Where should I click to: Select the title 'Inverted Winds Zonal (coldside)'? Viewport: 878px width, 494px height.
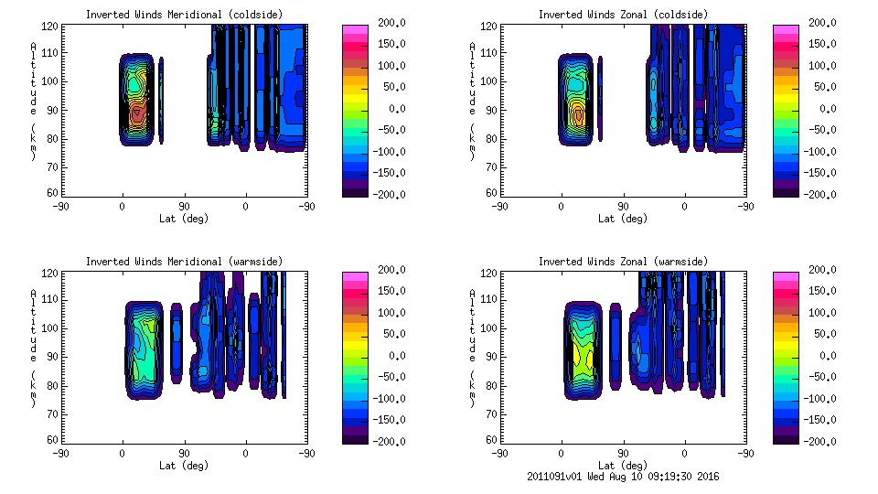[622, 15]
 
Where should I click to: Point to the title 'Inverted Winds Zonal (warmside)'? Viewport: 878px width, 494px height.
[622, 262]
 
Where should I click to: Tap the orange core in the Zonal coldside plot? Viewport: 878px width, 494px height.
[578, 115]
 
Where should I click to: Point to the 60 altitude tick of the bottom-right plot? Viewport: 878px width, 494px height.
[493, 440]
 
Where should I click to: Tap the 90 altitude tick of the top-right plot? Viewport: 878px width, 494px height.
[493, 109]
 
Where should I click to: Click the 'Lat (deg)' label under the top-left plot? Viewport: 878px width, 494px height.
[184, 219]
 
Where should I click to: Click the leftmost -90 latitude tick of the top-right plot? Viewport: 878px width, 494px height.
[499, 207]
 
